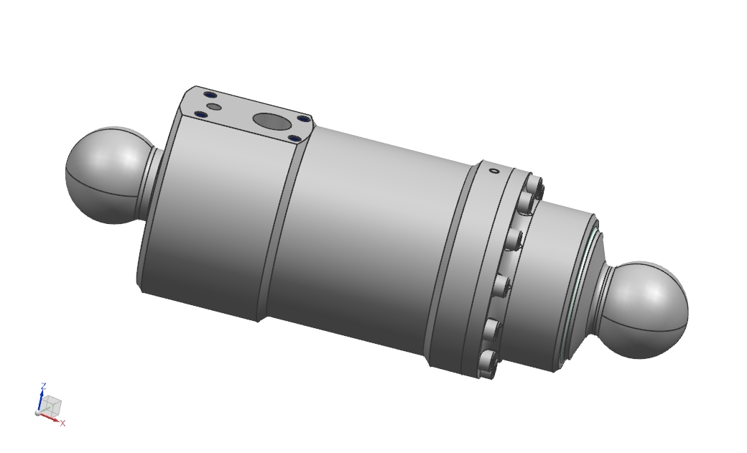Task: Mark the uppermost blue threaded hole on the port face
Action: (x=210, y=94)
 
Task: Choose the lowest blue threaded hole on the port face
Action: (x=294, y=138)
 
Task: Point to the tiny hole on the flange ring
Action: (x=493, y=171)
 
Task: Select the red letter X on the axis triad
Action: (x=63, y=424)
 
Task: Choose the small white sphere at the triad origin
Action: (x=38, y=413)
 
